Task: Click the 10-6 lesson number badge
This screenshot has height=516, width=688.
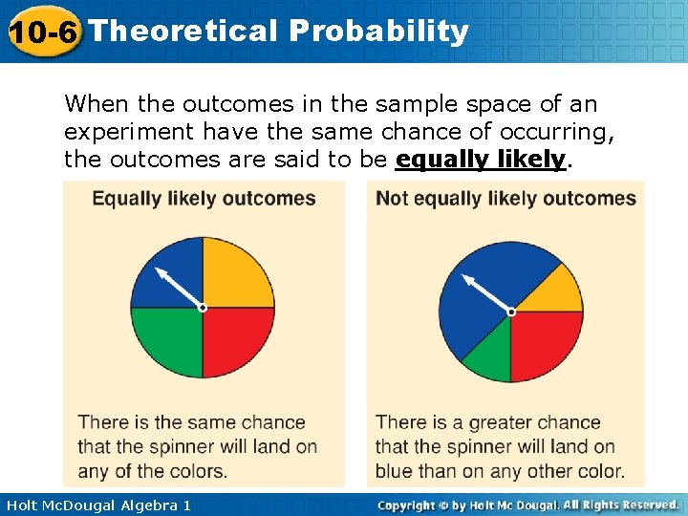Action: [42, 32]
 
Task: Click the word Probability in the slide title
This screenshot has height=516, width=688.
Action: [378, 31]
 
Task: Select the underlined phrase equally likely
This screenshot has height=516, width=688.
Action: [481, 160]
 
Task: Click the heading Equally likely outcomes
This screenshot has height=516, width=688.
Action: [204, 199]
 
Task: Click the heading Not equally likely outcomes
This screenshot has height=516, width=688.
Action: [505, 199]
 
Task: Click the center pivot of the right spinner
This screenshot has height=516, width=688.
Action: [511, 312]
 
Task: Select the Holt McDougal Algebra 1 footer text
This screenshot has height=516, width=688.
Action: [97, 505]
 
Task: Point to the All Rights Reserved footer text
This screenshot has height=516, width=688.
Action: [622, 505]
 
